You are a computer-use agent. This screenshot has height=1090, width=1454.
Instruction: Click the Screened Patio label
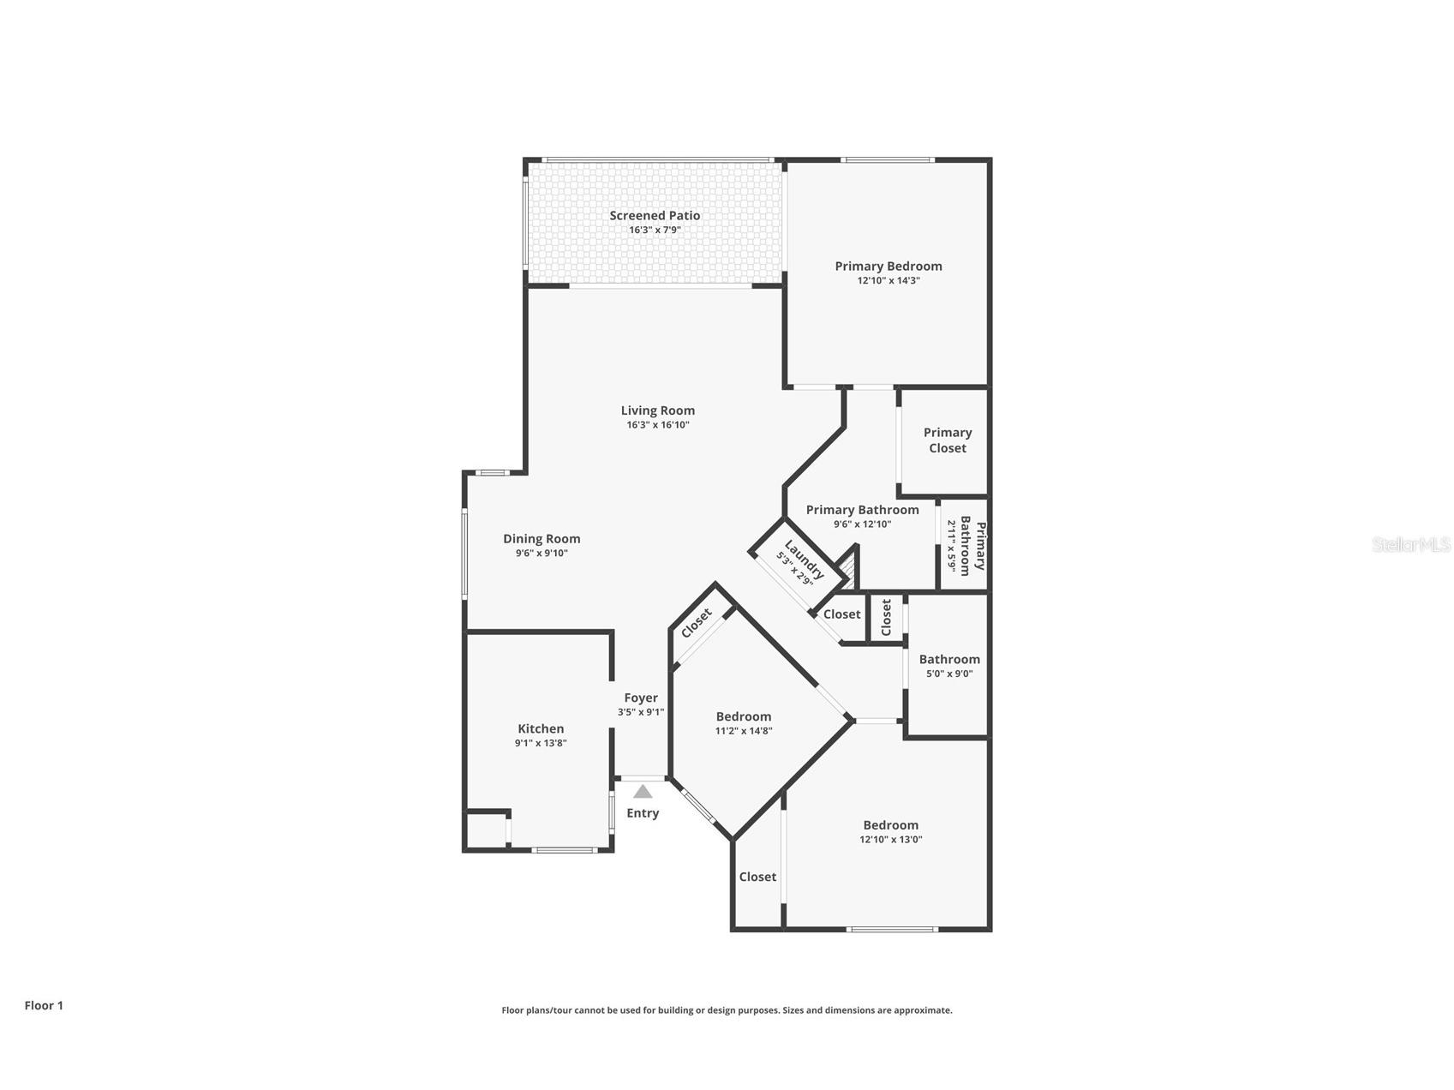(655, 216)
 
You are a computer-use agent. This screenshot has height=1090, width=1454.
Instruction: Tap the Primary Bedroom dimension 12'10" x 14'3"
(888, 280)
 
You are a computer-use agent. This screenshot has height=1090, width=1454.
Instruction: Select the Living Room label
(657, 410)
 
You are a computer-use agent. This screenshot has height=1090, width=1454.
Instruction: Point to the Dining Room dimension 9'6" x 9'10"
(542, 554)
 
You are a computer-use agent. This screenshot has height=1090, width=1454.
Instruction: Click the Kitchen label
(541, 728)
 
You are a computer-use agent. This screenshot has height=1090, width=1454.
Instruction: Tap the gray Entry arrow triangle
(643, 792)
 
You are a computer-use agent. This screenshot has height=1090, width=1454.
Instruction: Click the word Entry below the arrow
(643, 813)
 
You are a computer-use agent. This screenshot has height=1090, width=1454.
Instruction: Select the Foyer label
(641, 698)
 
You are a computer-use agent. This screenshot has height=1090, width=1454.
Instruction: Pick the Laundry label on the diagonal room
(805, 558)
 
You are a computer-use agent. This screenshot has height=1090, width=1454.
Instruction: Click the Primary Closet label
(947, 440)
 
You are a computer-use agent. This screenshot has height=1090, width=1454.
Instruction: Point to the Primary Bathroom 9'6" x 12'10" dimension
(862, 524)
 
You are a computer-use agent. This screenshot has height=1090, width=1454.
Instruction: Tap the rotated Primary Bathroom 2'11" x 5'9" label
(966, 545)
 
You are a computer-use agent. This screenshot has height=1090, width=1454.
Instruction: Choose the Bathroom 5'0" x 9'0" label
(948, 659)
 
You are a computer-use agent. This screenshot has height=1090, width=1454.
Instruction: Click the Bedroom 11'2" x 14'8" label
(743, 716)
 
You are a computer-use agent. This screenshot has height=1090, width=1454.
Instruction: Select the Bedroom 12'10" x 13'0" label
(890, 825)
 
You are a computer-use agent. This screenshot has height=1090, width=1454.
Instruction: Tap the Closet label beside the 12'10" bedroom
(757, 877)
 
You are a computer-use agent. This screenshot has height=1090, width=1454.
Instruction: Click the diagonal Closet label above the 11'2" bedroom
(697, 623)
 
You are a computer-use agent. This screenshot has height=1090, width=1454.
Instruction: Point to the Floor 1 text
(44, 1005)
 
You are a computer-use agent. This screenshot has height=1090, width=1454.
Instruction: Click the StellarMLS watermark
(1410, 544)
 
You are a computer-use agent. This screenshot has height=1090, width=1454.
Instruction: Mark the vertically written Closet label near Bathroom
(886, 617)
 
